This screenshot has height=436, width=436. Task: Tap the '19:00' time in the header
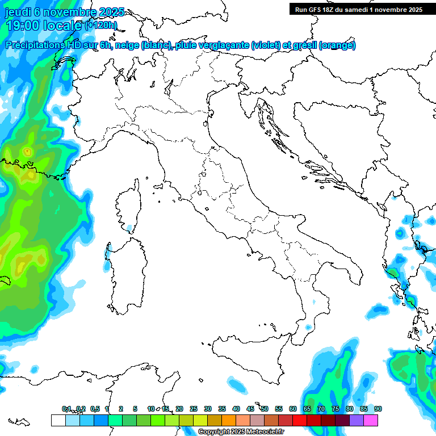pos(22,26)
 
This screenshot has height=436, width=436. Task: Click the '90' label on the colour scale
pos(378,409)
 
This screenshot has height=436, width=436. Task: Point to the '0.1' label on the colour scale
pos(66,409)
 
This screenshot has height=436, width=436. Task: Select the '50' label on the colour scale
pos(265,409)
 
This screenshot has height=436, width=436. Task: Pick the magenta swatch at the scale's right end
pos(371,420)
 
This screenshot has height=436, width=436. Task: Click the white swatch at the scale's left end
pos(58,420)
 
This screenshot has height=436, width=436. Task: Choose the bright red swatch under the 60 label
pos(300,420)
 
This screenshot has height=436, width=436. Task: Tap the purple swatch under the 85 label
pos(357,420)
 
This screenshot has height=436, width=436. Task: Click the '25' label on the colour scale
pos(194,409)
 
